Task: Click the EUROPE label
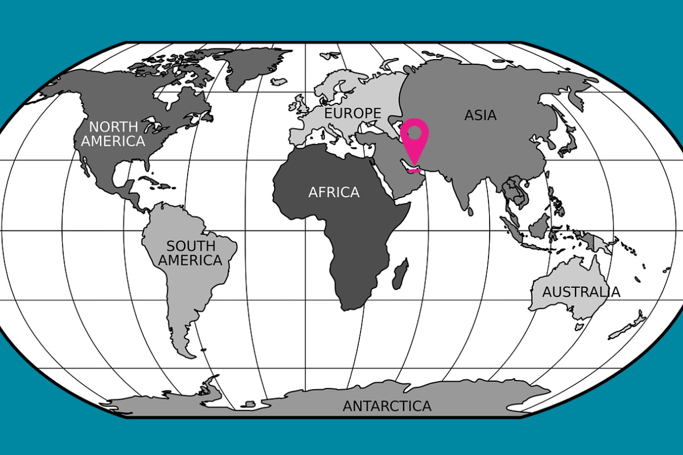tap(353, 113)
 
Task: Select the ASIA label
tap(480, 115)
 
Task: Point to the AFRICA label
tap(334, 193)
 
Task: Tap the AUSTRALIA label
tap(581, 292)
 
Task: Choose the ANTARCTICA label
tap(387, 406)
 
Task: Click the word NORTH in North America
tap(113, 127)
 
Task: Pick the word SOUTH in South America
tap(191, 246)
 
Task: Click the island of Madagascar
tap(400, 274)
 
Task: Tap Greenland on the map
tap(250, 65)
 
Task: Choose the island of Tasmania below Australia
tap(579, 326)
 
